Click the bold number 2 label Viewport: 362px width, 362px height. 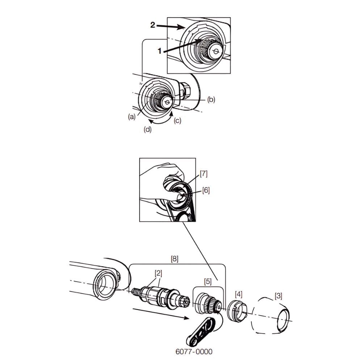[153, 25]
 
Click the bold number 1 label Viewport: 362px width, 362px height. [159, 51]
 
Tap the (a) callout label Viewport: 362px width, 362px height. [132, 117]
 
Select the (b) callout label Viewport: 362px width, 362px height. [211, 100]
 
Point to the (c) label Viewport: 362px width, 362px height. [177, 121]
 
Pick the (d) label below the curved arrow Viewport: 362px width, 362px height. [148, 130]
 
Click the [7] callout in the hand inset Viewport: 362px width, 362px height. [203, 174]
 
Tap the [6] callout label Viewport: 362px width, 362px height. [206, 190]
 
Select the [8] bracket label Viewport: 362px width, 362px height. [174, 259]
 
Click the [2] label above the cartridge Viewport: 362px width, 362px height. [159, 273]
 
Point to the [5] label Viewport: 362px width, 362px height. [208, 281]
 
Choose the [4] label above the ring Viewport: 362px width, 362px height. [239, 295]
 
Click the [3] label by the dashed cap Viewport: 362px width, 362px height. [278, 296]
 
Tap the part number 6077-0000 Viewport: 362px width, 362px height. [194, 352]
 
